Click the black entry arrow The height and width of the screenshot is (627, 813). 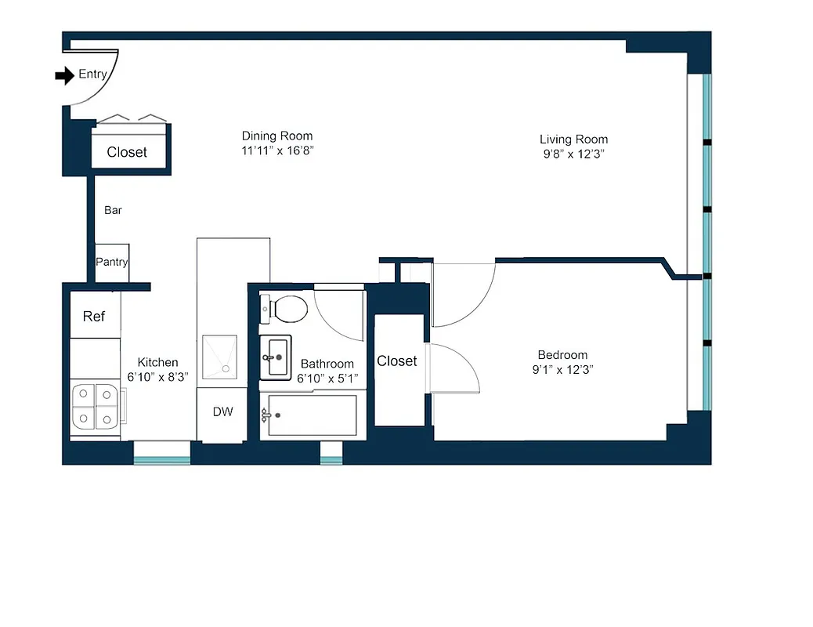[x=63, y=75]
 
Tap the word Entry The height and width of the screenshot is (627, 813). [x=92, y=75]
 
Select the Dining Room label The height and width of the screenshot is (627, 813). [x=276, y=136]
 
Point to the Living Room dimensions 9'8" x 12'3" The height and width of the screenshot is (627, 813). [x=573, y=154]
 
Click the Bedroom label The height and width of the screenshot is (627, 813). [x=562, y=355]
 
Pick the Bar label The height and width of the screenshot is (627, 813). [x=113, y=210]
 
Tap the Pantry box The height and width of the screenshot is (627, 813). [x=112, y=263]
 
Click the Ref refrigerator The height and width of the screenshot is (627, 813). [x=94, y=316]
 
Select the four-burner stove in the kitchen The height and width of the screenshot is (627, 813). [x=95, y=408]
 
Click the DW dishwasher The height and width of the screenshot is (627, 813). [x=223, y=412]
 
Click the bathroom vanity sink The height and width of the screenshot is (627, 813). [x=275, y=357]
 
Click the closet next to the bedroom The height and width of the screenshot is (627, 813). [x=398, y=368]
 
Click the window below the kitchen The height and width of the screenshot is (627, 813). [x=161, y=452]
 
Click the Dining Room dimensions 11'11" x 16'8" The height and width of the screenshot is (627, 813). [x=276, y=150]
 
